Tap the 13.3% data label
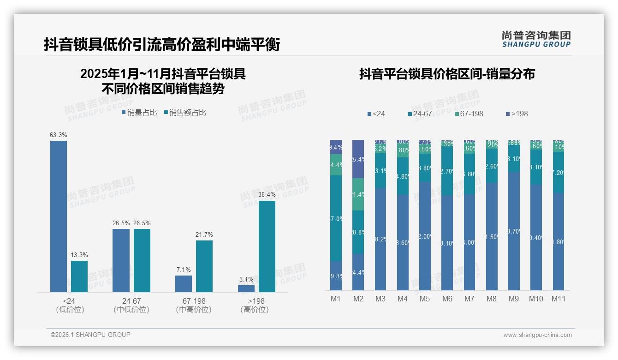coord(79,255)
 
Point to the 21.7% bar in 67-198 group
coord(204,266)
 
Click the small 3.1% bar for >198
coord(246,288)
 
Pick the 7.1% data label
coord(183,270)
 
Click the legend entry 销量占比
coord(139,113)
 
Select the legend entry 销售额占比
coord(185,113)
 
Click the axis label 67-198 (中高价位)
coord(194,305)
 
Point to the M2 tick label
coord(358,299)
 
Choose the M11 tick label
coord(559,299)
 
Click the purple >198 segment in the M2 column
coord(358,159)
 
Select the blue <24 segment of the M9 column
coord(514,231)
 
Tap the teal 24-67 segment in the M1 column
coord(336,218)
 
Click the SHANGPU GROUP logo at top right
coord(536,39)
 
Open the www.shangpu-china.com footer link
coord(537,335)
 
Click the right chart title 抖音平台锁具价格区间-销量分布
coord(447,74)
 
